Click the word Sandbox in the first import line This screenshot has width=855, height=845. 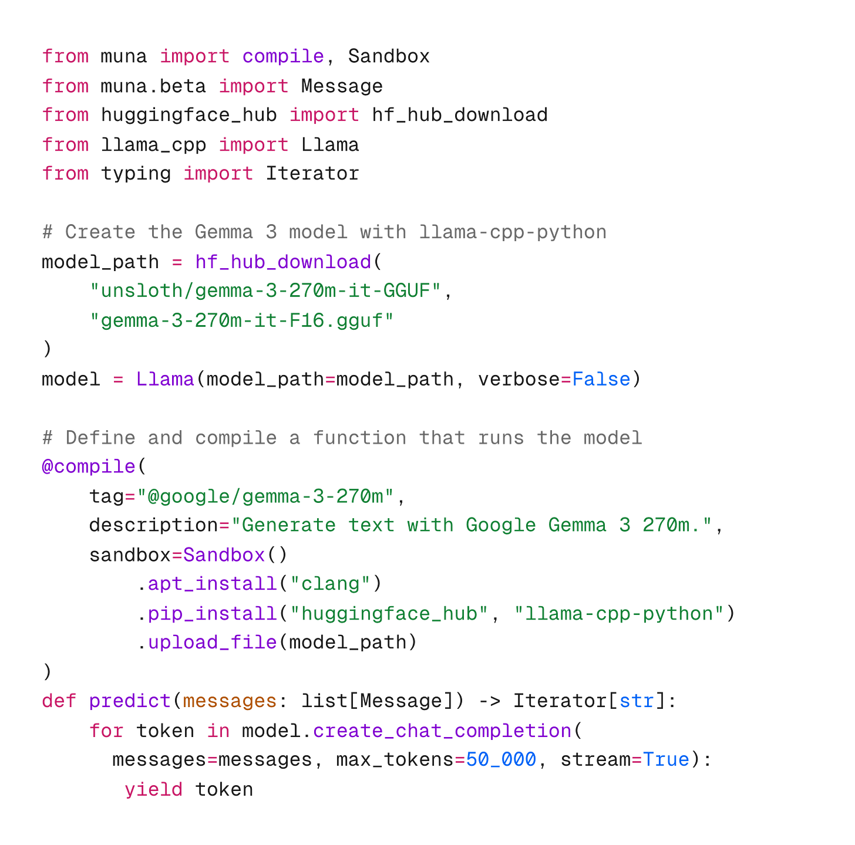389,56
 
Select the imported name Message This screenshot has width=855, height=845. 342,86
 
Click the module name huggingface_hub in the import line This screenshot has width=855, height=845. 188,115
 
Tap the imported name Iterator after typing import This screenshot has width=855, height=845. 312,174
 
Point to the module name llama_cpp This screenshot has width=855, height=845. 153,144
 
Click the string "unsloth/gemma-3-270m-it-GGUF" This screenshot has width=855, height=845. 265,290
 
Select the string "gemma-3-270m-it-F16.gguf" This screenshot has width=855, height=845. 241,320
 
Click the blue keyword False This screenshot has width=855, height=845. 601,379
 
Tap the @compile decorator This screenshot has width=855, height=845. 88,467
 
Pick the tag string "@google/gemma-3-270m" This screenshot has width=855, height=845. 265,496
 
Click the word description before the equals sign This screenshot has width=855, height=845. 153,525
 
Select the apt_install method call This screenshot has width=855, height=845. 212,584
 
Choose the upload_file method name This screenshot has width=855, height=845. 212,643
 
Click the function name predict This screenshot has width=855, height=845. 129,701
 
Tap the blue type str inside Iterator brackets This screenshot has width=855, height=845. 637,701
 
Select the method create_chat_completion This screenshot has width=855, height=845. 442,731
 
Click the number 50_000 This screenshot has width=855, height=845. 501,760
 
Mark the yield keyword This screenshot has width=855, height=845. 153,789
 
